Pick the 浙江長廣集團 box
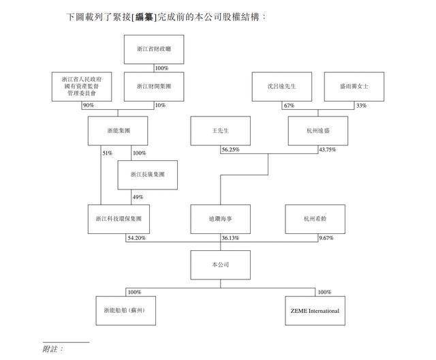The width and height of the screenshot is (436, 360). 147,175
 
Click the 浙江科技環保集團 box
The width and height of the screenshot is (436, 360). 119,220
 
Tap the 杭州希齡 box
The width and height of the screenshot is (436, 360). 318,220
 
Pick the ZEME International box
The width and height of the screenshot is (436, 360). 315,310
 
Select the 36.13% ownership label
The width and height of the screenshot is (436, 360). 230,239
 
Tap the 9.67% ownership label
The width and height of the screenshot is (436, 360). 328,239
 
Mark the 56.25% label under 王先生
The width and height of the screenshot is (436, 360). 230,150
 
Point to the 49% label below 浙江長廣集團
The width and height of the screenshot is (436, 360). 138,197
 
